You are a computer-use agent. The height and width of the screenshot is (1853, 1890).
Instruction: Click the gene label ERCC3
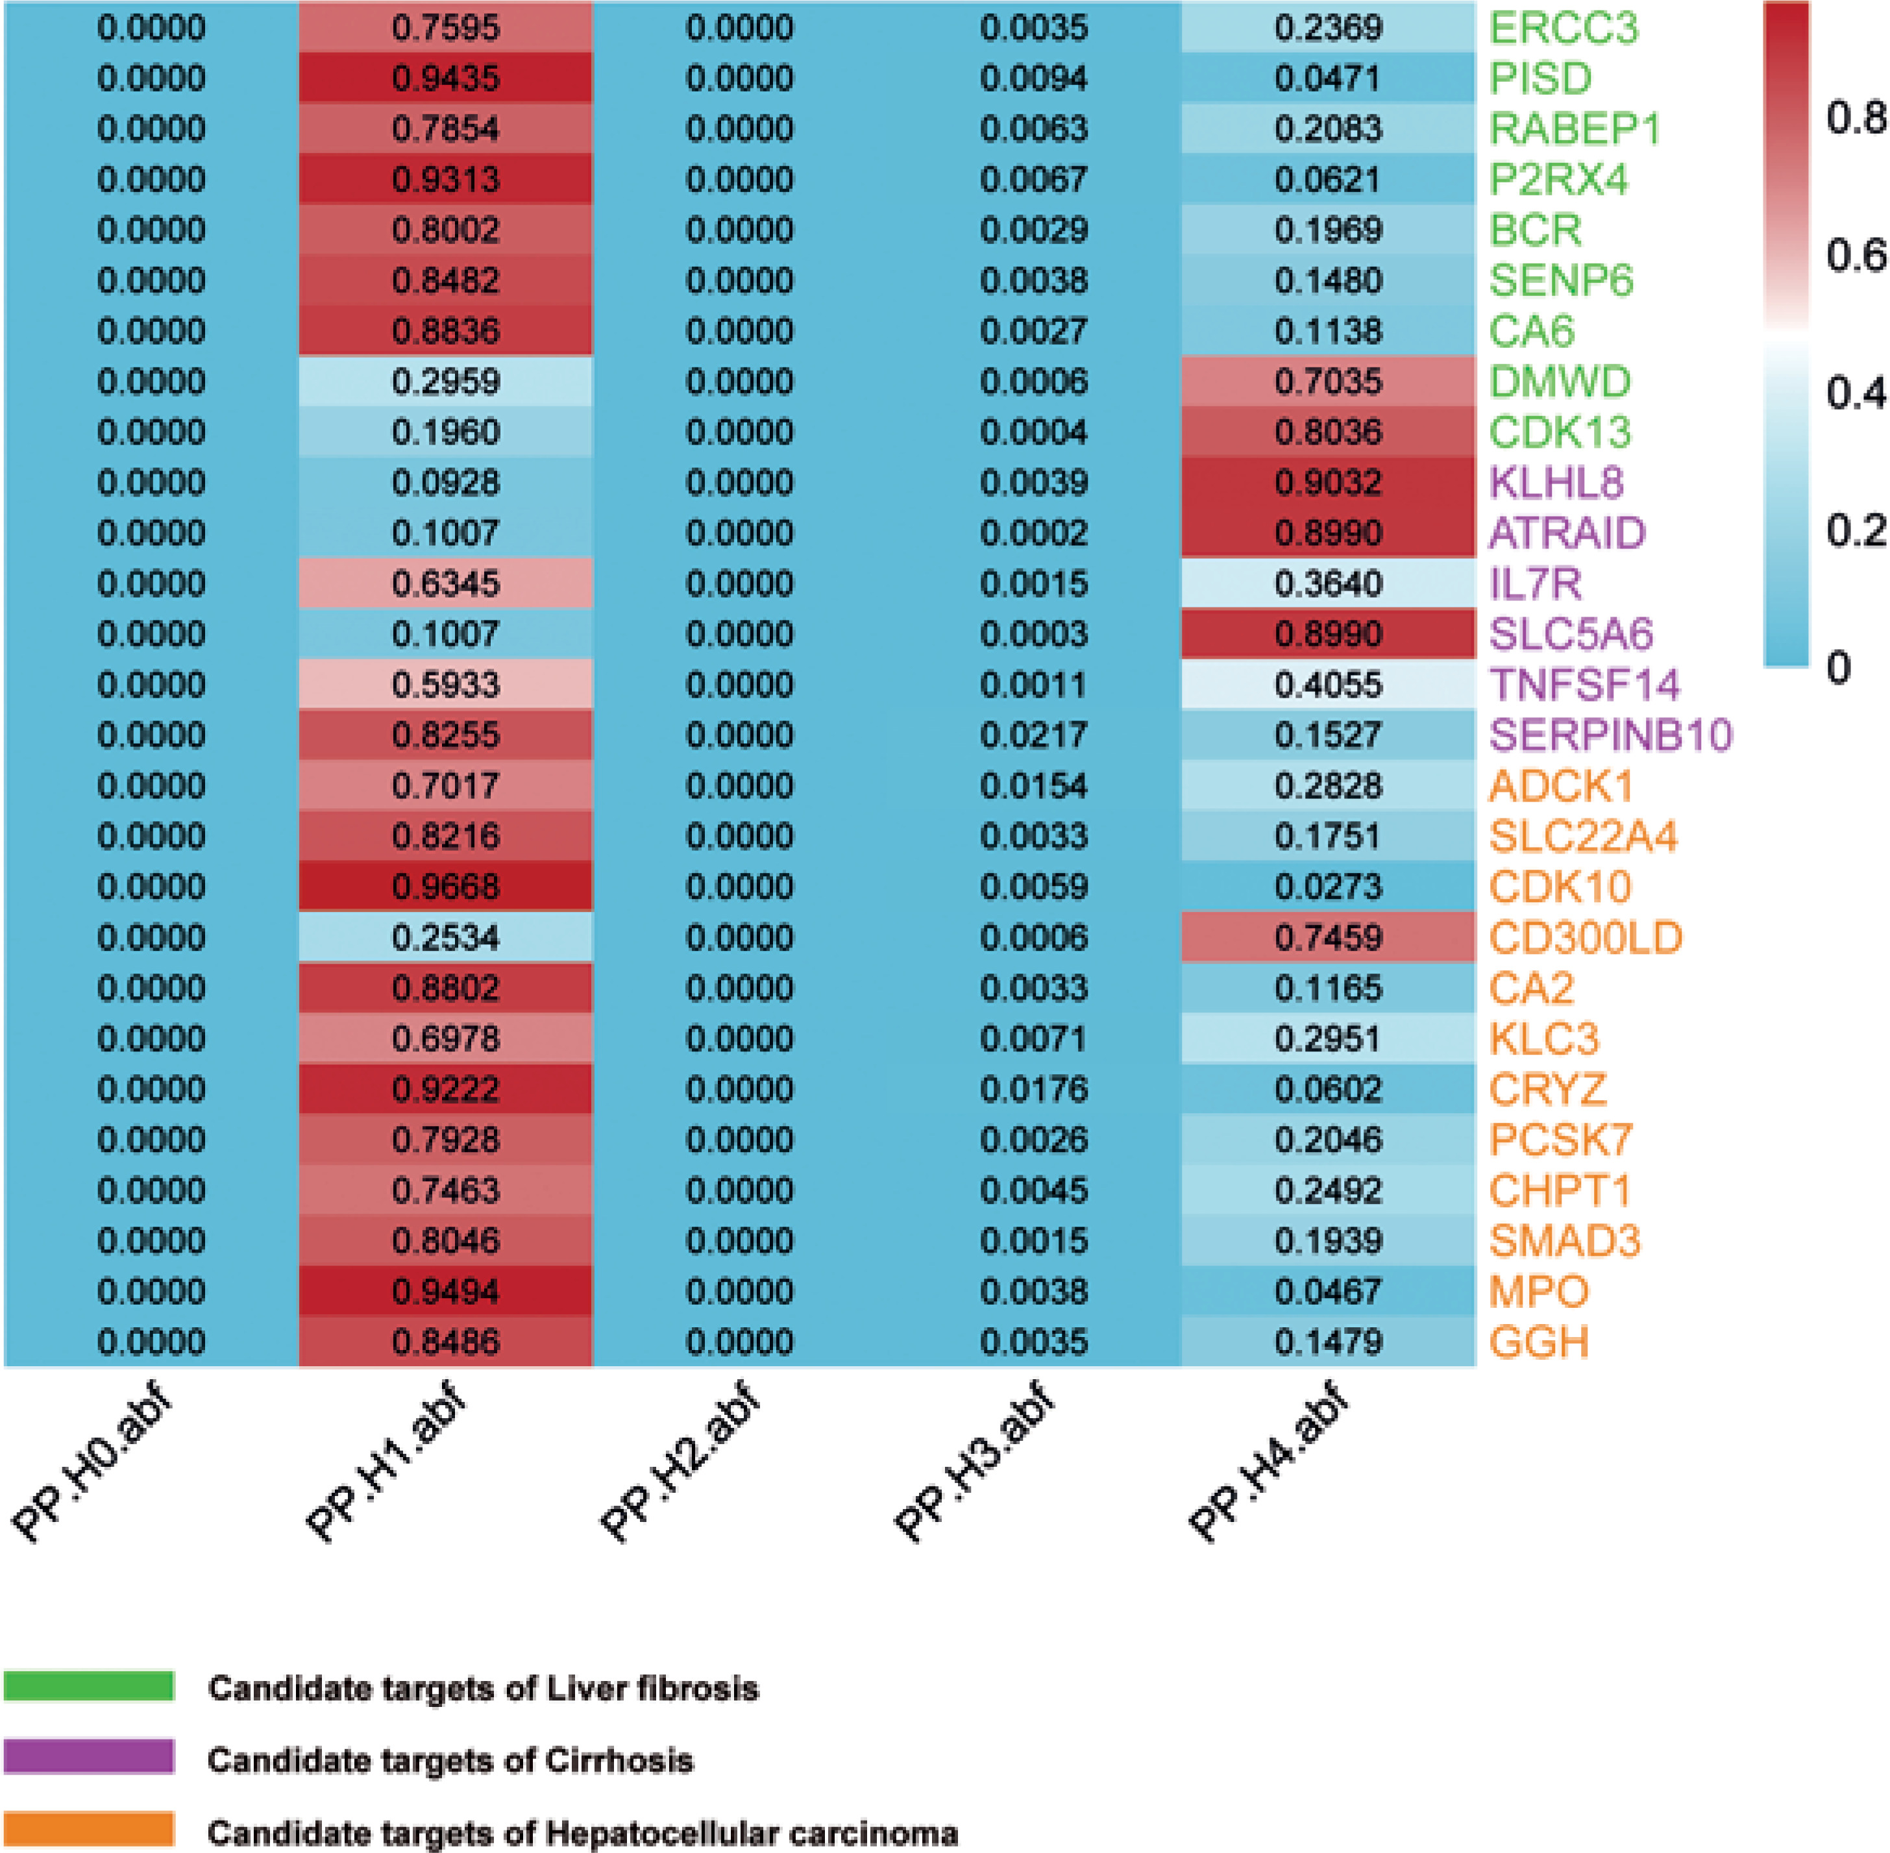(x=1563, y=28)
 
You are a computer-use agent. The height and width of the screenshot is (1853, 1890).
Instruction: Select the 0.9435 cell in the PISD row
(x=446, y=79)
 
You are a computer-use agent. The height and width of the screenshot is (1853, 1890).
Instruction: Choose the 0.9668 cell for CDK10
(x=446, y=887)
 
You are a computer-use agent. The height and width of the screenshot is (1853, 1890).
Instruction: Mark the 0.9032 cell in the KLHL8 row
(x=1329, y=483)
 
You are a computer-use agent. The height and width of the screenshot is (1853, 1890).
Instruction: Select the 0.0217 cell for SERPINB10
(x=1033, y=735)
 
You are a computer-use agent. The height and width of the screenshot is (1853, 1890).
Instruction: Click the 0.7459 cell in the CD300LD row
(x=1329, y=937)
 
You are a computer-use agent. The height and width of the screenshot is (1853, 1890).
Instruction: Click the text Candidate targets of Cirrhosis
(x=450, y=1760)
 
